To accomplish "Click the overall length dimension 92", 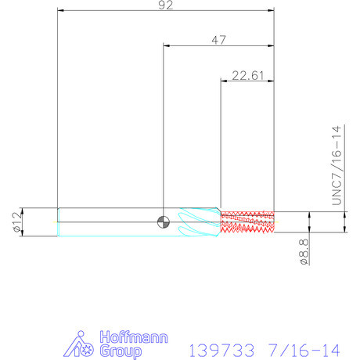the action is pyautogui.click(x=166, y=5).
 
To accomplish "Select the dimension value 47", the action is pyautogui.click(x=218, y=40).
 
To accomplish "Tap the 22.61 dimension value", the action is pyautogui.click(x=248, y=76).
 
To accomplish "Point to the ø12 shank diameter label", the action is pyautogui.click(x=17, y=222).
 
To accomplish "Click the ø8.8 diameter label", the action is pyautogui.click(x=304, y=252).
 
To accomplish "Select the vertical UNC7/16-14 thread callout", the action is pyautogui.click(x=337, y=165).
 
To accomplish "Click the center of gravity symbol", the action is pyautogui.click(x=164, y=222).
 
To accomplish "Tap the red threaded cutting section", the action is pyautogui.click(x=247, y=222).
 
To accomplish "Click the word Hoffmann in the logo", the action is pyautogui.click(x=134, y=337).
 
